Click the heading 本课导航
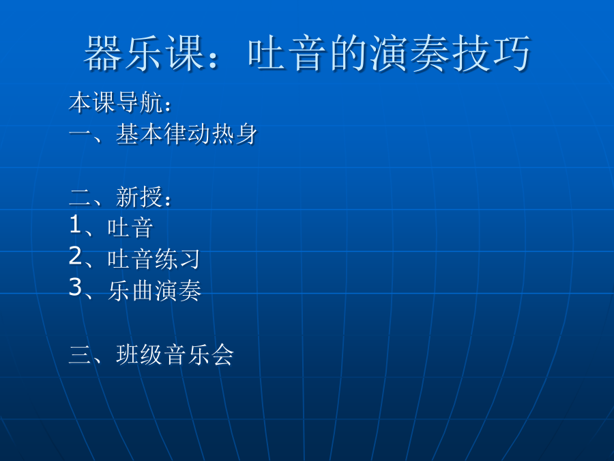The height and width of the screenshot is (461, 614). [x=115, y=102]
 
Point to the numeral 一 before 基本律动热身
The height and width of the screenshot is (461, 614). [x=81, y=134]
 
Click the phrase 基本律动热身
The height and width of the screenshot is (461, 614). [x=187, y=134]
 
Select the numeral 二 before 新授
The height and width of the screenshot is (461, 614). [x=81, y=197]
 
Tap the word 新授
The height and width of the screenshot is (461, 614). [x=139, y=197]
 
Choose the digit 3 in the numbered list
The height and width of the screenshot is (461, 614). [x=75, y=288]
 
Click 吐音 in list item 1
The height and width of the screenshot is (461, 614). [x=130, y=227]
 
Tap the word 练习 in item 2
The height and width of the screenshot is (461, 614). [x=177, y=259]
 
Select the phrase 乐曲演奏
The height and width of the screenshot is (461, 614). [x=155, y=290]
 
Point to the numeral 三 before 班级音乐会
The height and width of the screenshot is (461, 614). [x=81, y=354]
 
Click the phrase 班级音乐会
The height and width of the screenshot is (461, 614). [x=175, y=354]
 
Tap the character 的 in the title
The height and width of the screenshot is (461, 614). [x=349, y=53]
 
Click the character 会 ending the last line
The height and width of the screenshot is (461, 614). [x=222, y=354]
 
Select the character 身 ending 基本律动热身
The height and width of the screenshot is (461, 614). [x=246, y=134]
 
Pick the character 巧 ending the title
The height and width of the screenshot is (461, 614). [x=512, y=53]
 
